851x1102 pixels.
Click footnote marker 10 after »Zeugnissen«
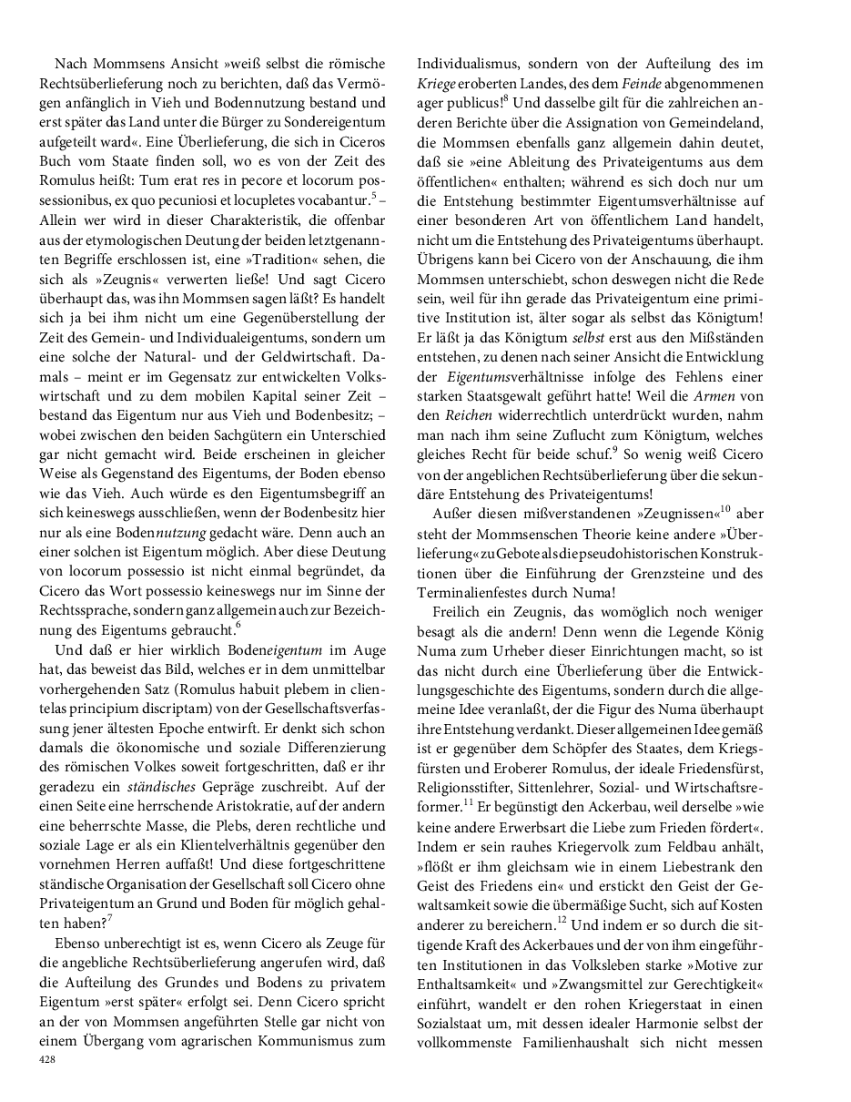[x=725, y=510]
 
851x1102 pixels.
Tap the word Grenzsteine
[x=679, y=573]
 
